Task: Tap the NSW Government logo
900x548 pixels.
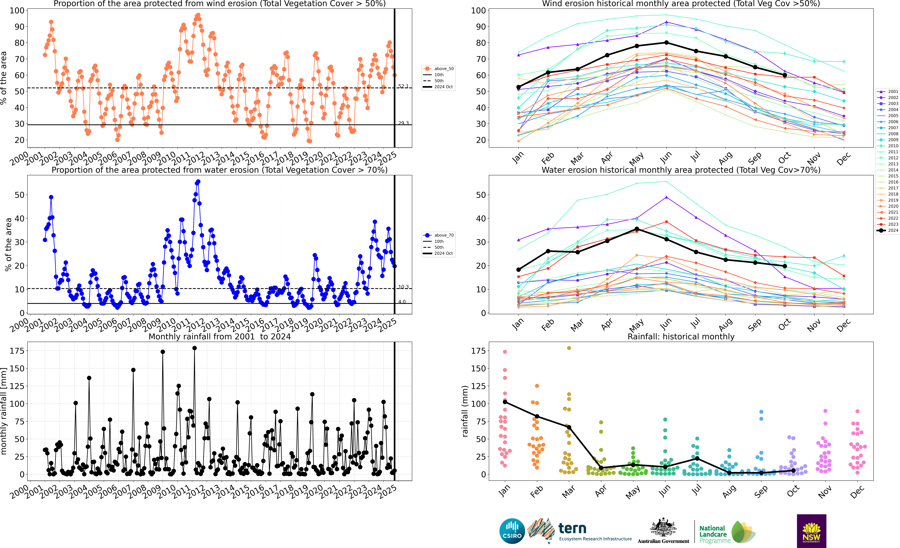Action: pyautogui.click(x=811, y=531)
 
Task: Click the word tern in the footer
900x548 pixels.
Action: pyautogui.click(x=572, y=528)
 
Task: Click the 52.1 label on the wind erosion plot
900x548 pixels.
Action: pyautogui.click(x=403, y=86)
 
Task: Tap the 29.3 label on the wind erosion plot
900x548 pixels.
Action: pyautogui.click(x=403, y=123)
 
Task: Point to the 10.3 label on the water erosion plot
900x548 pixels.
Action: pyautogui.click(x=403, y=287)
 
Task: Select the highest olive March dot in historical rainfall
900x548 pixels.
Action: pyautogui.click(x=569, y=348)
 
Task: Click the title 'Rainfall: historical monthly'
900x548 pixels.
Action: pyautogui.click(x=681, y=336)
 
